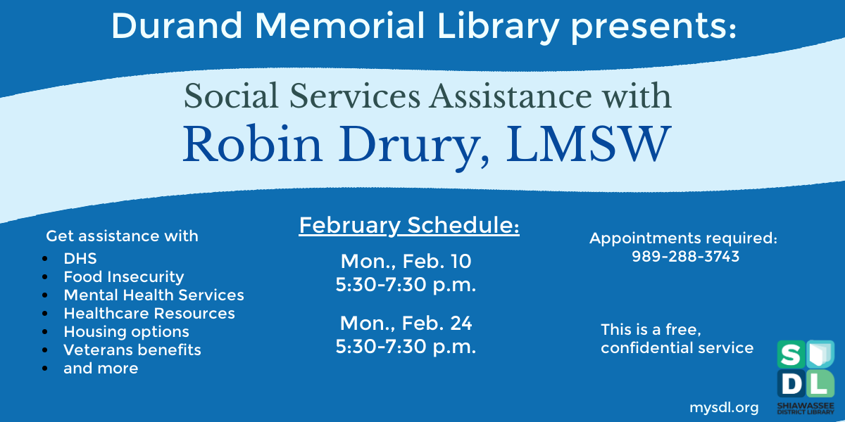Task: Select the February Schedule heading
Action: tap(409, 226)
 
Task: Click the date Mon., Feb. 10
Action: tap(406, 262)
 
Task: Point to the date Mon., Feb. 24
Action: tap(406, 323)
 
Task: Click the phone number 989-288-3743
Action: tap(685, 257)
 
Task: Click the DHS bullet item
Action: tap(80, 258)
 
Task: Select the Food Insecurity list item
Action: tap(123, 276)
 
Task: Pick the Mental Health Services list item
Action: tap(154, 295)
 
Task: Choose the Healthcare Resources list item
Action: tap(149, 313)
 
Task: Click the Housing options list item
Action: tap(126, 331)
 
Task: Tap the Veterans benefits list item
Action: tap(132, 350)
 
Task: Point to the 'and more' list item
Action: tap(101, 368)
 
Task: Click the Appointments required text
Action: tap(683, 238)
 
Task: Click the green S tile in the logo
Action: tap(789, 354)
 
